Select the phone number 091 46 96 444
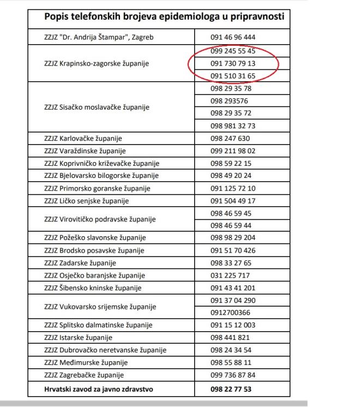click(232, 38)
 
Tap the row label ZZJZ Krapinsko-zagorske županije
click(96, 63)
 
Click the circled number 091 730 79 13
click(232, 63)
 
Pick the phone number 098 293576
click(229, 100)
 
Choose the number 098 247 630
click(230, 138)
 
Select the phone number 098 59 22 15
click(231, 163)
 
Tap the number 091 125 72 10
click(232, 188)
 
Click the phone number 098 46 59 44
click(231, 225)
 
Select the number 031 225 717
click(230, 276)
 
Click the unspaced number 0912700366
click(230, 313)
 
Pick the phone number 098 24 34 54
click(231, 350)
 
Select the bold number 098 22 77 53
click(231, 389)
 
